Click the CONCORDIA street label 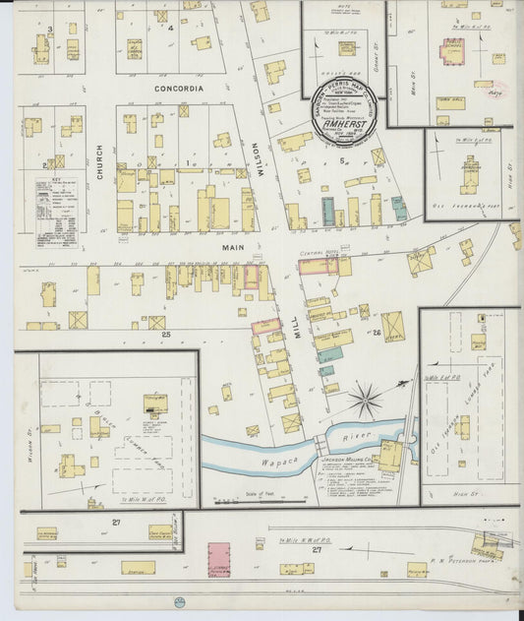178,89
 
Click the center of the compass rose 366,400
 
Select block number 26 378,333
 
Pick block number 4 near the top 170,28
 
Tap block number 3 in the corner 49,30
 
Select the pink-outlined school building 452,52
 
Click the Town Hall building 450,102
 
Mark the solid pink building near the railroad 218,558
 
